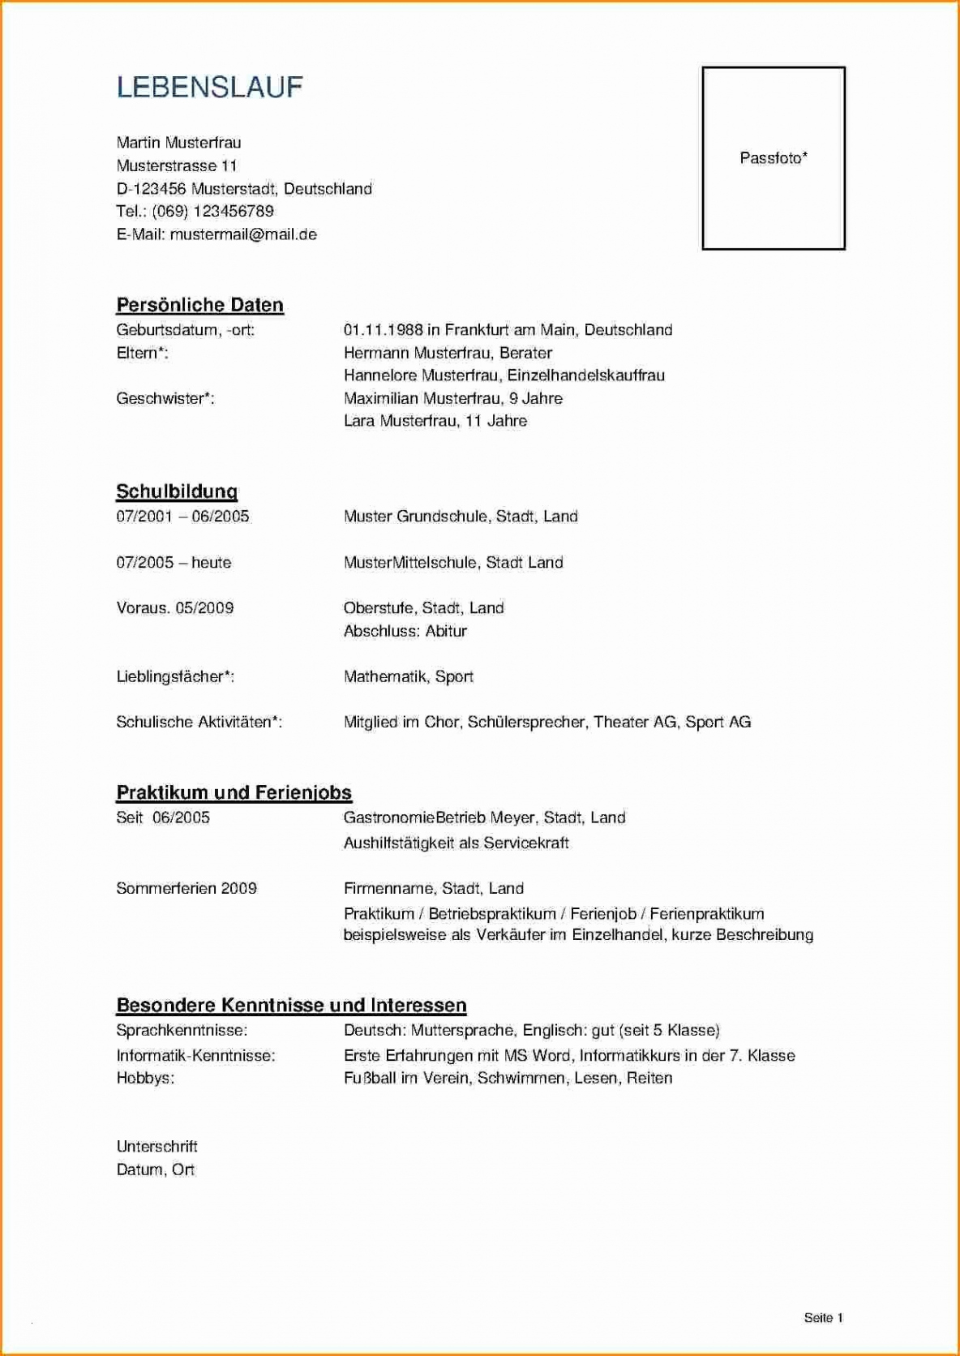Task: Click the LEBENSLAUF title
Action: click(x=209, y=88)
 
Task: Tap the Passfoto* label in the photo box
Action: click(x=774, y=158)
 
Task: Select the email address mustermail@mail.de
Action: click(x=243, y=234)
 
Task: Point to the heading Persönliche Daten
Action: click(x=199, y=306)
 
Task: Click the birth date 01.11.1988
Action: click(x=384, y=330)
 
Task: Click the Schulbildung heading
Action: click(x=177, y=491)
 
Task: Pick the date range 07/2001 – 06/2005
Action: click(x=182, y=517)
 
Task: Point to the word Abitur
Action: click(x=446, y=631)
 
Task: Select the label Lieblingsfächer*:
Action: click(x=175, y=676)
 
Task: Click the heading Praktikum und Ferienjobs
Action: click(x=234, y=792)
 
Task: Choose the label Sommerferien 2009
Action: click(x=186, y=888)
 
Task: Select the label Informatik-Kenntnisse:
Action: click(x=195, y=1055)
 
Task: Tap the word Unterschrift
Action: click(x=156, y=1147)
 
